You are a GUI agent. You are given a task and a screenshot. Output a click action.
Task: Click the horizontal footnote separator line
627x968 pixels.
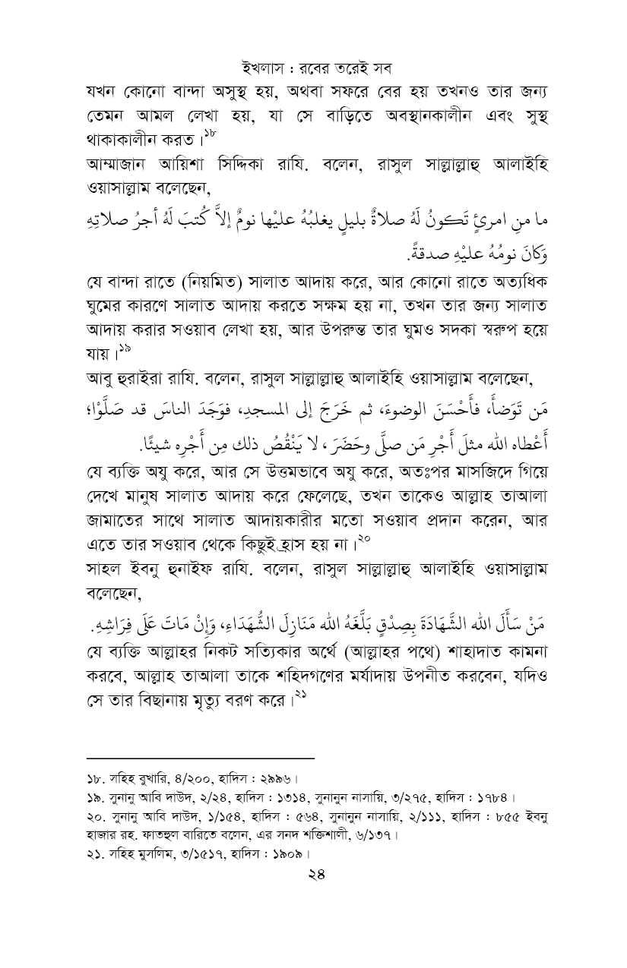point(200,757)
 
